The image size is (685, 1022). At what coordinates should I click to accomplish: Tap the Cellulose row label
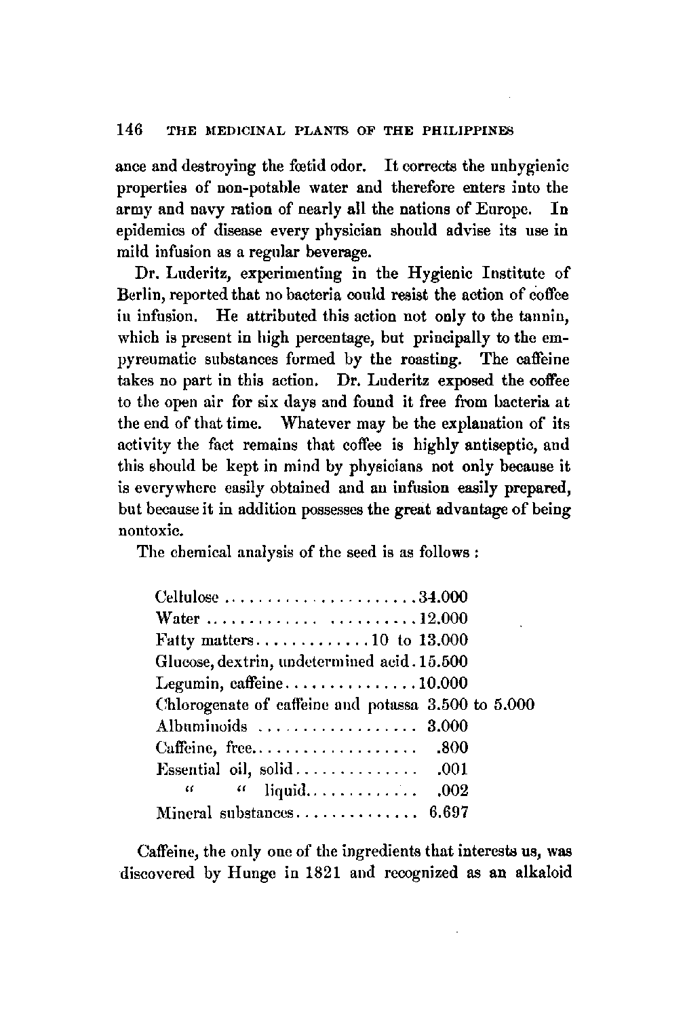pyautogui.click(x=188, y=599)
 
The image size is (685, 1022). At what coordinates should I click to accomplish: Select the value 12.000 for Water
pyautogui.click(x=444, y=619)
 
